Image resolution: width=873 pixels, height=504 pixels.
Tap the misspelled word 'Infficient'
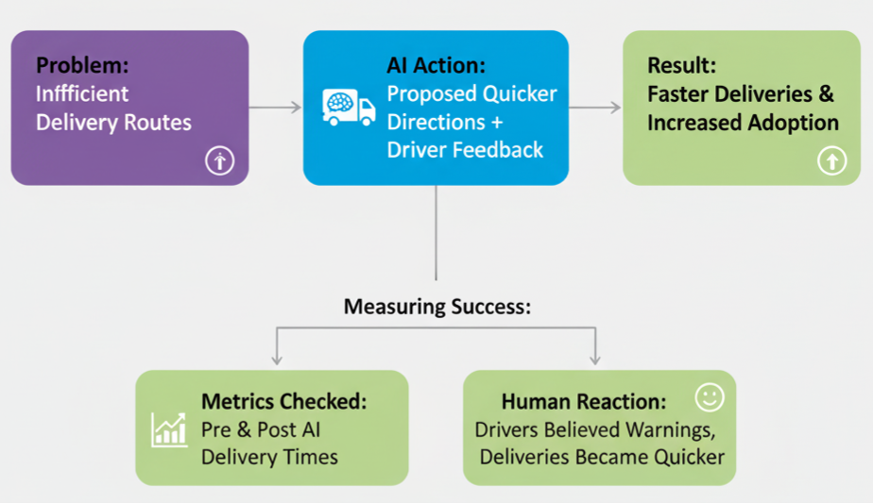(x=82, y=93)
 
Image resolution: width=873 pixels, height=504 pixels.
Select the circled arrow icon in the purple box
(x=219, y=162)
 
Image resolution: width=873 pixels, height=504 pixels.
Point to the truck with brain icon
(x=348, y=107)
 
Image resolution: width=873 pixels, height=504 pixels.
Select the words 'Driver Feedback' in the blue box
(x=465, y=149)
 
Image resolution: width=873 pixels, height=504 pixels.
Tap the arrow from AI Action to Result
(x=595, y=108)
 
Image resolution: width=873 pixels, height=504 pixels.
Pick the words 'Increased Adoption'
(x=743, y=123)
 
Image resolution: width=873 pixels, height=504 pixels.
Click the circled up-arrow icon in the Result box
(x=831, y=162)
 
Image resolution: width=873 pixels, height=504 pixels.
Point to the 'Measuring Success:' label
(x=436, y=307)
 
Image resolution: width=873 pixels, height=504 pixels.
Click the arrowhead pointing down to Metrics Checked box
(x=277, y=359)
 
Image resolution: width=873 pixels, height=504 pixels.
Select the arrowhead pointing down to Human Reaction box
(x=595, y=359)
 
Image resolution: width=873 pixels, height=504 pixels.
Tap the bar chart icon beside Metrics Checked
(x=169, y=429)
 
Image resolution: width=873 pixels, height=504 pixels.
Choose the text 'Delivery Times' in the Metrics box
(x=269, y=457)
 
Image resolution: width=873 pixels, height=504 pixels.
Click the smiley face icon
(x=709, y=397)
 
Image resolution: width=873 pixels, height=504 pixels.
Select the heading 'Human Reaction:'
(x=583, y=401)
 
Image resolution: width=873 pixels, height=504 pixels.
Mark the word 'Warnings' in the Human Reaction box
(x=674, y=429)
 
